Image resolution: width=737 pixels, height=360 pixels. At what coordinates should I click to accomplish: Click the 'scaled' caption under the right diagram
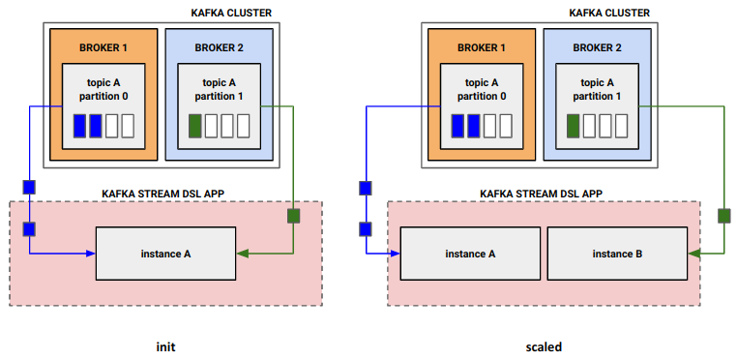pos(543,345)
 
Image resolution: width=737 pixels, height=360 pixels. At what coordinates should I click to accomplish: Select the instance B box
pos(617,254)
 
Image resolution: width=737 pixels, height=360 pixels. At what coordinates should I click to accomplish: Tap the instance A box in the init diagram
pos(165,255)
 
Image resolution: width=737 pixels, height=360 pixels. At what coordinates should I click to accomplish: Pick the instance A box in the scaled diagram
pos(470,254)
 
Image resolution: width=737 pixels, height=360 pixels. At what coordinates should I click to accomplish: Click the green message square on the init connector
pos(292,215)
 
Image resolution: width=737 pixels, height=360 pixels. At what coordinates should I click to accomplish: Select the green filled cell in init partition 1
pos(195,126)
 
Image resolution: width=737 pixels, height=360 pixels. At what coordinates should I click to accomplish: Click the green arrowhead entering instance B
pos(693,254)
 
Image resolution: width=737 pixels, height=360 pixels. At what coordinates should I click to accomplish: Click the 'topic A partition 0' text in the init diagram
pos(103,89)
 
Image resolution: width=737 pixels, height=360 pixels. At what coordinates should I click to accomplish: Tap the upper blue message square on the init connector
pos(29,187)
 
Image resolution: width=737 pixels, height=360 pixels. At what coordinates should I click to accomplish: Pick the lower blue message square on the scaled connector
pos(367,229)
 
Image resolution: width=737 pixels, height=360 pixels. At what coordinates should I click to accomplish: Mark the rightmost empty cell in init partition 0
pos(129,126)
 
